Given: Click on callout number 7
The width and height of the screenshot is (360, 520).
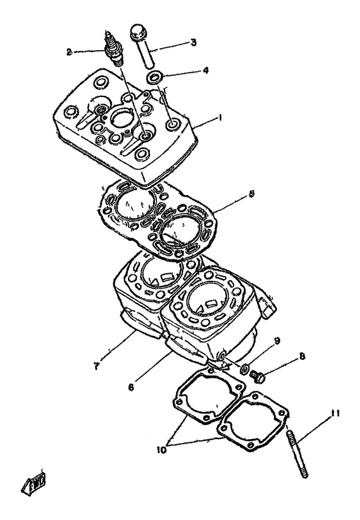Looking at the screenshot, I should pyautogui.click(x=95, y=366).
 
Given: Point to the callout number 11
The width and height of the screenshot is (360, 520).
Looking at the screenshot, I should pyautogui.click(x=334, y=415).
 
